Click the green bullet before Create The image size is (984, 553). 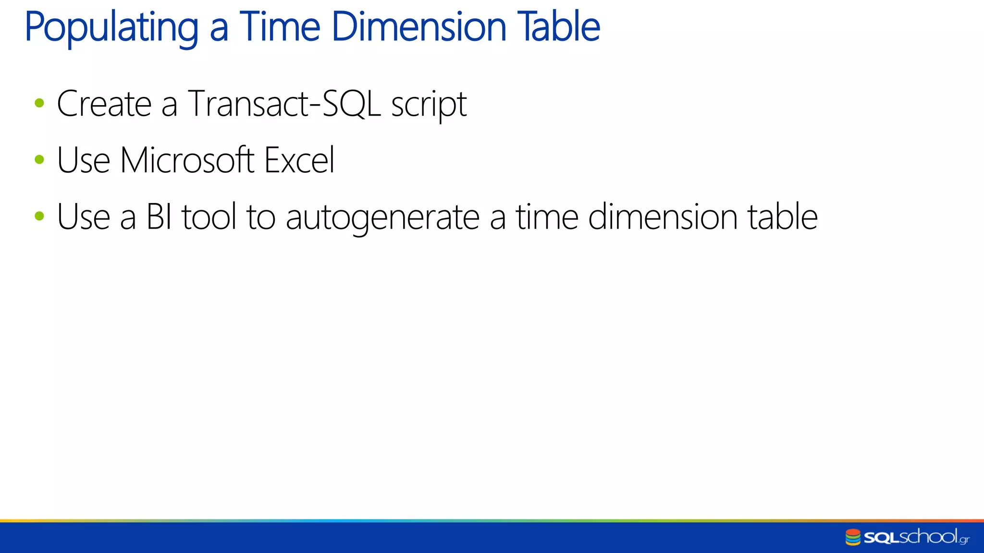(39, 103)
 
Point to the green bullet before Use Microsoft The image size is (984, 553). (39, 160)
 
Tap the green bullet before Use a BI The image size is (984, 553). (39, 216)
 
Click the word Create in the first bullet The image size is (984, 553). (104, 104)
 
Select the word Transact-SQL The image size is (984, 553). (284, 104)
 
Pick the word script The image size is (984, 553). (429, 106)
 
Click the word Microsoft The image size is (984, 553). (187, 160)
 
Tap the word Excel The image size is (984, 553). (299, 160)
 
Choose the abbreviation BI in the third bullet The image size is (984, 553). (159, 217)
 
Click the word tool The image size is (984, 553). (209, 217)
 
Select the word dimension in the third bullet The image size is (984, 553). (663, 217)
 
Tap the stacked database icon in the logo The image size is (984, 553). (853, 537)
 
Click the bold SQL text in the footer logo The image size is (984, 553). (881, 538)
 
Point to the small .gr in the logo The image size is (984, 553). (964, 540)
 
